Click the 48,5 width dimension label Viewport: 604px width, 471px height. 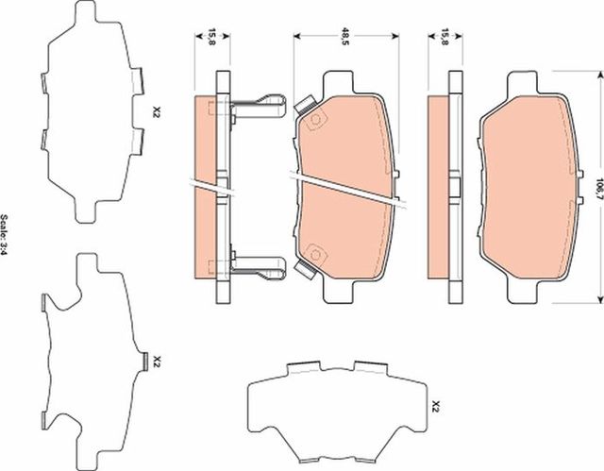click(x=345, y=38)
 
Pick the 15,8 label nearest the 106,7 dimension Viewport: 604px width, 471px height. click(x=445, y=38)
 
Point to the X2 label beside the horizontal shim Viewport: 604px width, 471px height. click(x=435, y=408)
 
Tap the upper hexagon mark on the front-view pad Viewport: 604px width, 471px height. click(x=316, y=120)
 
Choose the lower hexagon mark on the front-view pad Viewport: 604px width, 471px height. click(x=316, y=252)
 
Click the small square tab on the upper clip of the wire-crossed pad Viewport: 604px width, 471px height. click(x=305, y=105)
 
